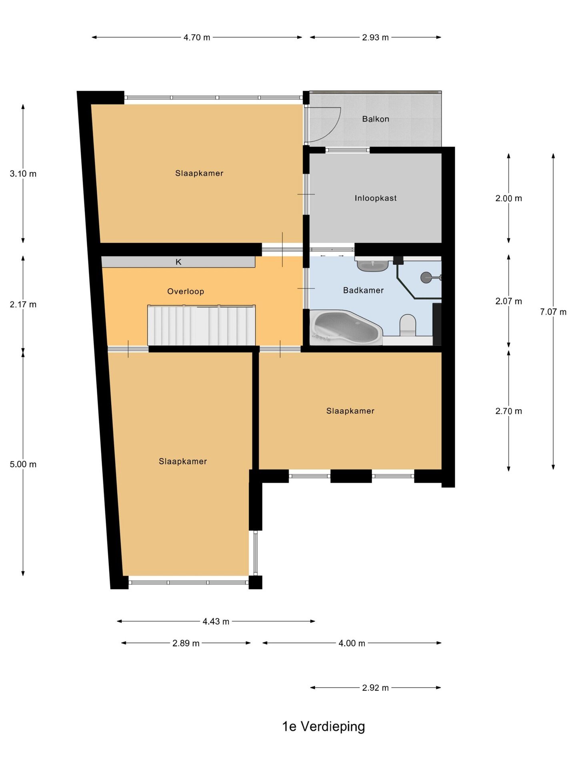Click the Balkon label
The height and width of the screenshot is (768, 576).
click(375, 119)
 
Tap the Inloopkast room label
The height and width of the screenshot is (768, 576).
click(376, 198)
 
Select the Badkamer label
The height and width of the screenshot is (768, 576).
click(363, 290)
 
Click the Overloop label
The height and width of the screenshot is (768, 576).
click(186, 292)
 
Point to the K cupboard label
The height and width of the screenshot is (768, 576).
click(178, 262)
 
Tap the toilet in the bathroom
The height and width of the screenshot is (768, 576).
click(408, 325)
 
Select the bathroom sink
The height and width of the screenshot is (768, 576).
click(372, 265)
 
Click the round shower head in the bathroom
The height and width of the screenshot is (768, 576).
click(426, 277)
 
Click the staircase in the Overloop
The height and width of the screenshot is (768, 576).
click(202, 325)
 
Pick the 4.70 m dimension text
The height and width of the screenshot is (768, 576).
click(197, 38)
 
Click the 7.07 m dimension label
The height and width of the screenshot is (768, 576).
click(553, 312)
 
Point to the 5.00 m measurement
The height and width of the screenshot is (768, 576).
click(23, 464)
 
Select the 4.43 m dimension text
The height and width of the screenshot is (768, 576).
click(216, 622)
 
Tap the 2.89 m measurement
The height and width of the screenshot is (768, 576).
click(186, 643)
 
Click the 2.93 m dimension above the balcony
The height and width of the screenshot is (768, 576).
click(375, 38)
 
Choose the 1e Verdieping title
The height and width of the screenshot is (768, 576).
click(324, 726)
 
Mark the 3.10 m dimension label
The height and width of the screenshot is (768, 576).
click(23, 174)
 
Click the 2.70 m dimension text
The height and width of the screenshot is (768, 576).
click(509, 411)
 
